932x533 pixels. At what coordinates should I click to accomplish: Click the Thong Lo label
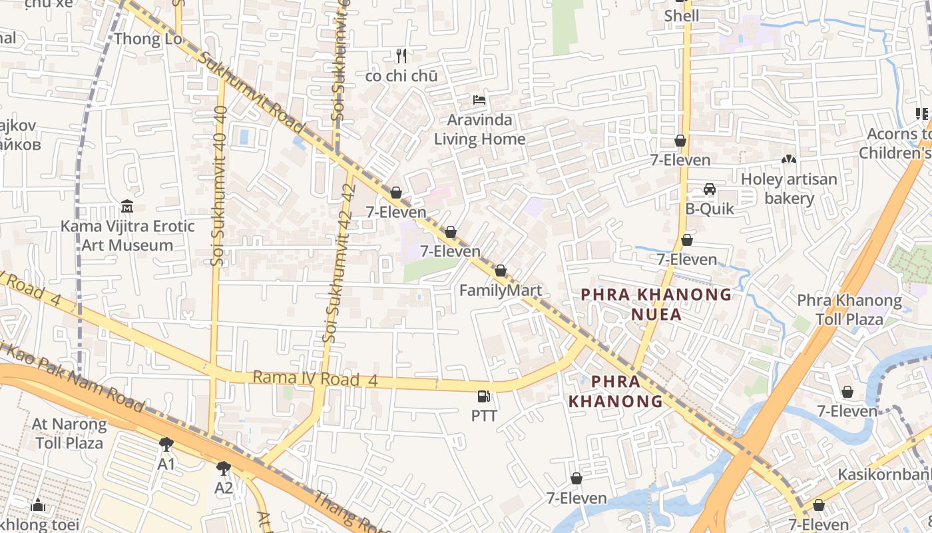(147, 39)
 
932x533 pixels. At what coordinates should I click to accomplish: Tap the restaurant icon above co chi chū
(401, 55)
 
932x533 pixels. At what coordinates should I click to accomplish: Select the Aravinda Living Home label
(479, 130)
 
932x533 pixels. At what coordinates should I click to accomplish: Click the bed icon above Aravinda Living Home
(479, 101)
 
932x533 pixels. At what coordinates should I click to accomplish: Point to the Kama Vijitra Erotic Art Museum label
(127, 236)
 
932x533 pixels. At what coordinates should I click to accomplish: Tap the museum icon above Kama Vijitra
(127, 206)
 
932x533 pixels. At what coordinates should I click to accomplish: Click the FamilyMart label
(501, 290)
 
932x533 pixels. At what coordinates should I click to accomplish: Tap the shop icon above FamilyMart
(501, 270)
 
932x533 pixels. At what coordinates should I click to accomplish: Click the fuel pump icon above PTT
(484, 396)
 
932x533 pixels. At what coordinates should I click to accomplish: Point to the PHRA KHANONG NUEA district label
(656, 304)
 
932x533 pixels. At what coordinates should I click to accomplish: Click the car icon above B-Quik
(710, 189)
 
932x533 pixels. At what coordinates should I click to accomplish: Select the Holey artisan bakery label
(789, 189)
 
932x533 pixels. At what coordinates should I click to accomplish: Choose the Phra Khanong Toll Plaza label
(849, 310)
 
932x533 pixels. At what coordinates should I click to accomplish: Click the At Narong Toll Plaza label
(69, 433)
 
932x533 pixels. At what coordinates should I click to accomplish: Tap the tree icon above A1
(166, 444)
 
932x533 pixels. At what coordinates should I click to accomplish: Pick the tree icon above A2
(224, 468)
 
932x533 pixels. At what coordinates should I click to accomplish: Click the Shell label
(682, 15)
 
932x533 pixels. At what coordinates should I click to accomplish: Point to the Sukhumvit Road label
(252, 92)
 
